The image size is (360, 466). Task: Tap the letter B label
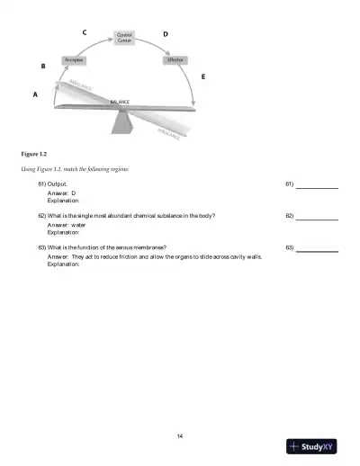[x=44, y=67]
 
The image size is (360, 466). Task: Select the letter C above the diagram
[x=84, y=32]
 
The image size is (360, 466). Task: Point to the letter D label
[x=165, y=33]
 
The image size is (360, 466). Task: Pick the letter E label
[x=202, y=77]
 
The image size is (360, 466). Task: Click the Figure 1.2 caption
[x=34, y=153]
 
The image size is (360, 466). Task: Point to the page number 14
[x=180, y=411]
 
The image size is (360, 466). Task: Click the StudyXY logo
[x=311, y=446]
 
